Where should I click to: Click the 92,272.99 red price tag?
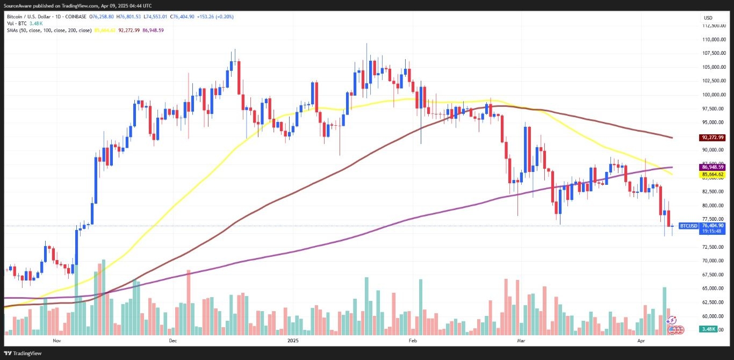pyautogui.click(x=713, y=137)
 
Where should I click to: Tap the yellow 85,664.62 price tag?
pyautogui.click(x=713, y=175)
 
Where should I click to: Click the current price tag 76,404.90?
pyautogui.click(x=713, y=226)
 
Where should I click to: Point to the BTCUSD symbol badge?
pyautogui.click(x=689, y=226)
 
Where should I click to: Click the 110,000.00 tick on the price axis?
pyautogui.click(x=714, y=39)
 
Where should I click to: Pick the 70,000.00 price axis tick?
pyautogui.click(x=714, y=261)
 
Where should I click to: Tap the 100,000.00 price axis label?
pyautogui.click(x=714, y=95)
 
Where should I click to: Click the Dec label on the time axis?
pyautogui.click(x=173, y=341)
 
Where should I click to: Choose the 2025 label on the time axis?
pyautogui.click(x=293, y=341)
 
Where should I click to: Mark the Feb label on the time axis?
pyautogui.click(x=413, y=341)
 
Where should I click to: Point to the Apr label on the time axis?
pyautogui.click(x=641, y=341)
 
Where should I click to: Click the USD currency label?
pyautogui.click(x=708, y=18)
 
